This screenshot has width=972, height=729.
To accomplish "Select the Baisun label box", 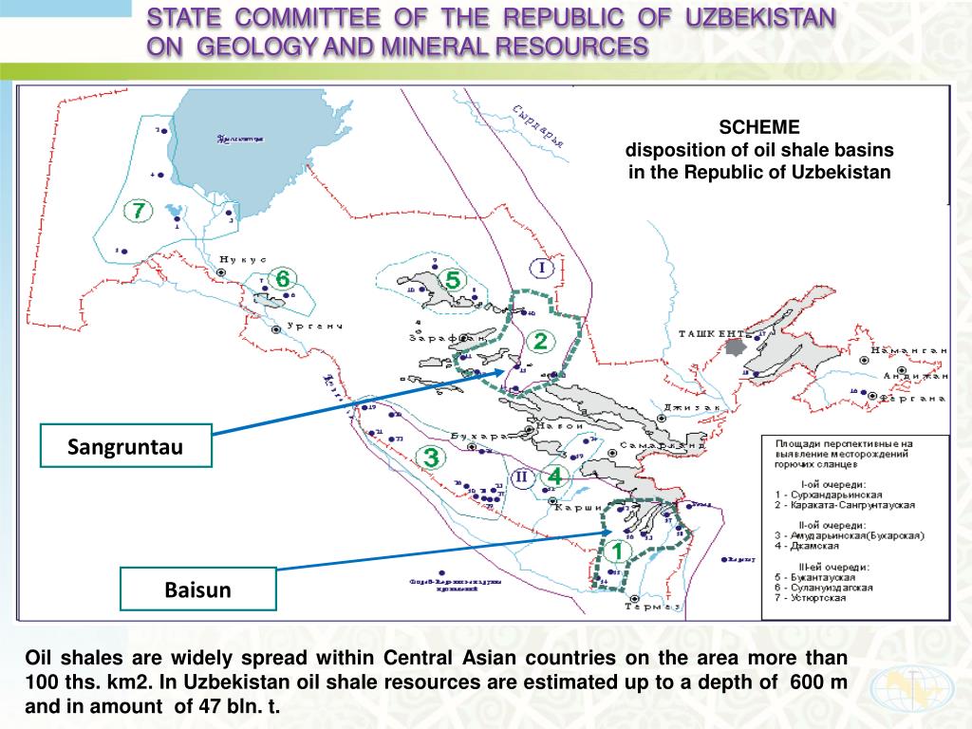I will tap(197, 589).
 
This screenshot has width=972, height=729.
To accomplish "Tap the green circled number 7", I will tap(140, 210).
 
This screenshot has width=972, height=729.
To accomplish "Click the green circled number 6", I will tap(282, 279).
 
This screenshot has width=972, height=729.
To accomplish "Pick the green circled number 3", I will tap(431, 458).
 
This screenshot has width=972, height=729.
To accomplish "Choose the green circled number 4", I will tap(556, 475).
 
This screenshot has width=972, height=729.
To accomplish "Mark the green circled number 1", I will tap(617, 550).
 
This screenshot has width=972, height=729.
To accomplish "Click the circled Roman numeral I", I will tap(542, 269).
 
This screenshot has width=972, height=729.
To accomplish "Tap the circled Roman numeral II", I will tap(521, 477).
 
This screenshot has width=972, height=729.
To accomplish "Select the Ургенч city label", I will tap(313, 327).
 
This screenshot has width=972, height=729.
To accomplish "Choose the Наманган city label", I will tap(914, 350).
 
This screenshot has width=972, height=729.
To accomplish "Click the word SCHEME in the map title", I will tap(759, 127).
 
